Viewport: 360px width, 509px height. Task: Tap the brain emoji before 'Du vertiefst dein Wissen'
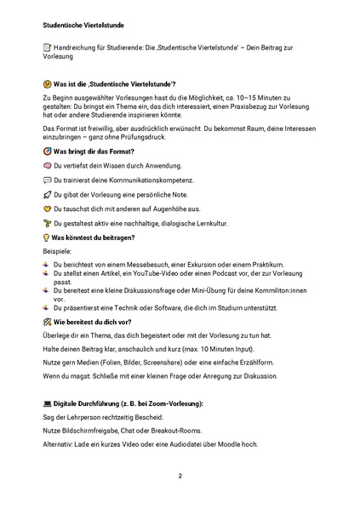tap(47, 165)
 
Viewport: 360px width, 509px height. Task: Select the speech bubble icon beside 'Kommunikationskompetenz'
tap(47, 180)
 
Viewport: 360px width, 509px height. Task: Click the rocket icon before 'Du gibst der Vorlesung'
tap(47, 194)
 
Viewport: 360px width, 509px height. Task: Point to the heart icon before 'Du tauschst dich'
tap(47, 208)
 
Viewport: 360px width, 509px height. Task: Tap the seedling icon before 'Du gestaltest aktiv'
tap(47, 222)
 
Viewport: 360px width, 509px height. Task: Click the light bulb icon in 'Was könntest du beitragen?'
tap(47, 237)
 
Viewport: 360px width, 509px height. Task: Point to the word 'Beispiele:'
tap(58, 252)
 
